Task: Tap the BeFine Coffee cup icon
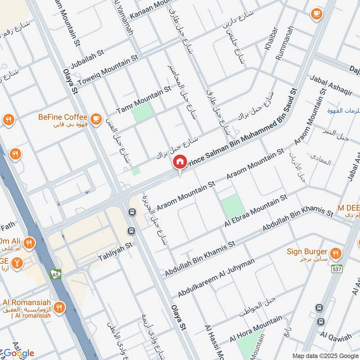[x=95, y=118]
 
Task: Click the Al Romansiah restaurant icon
[x=58, y=308]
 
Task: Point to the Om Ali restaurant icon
[x=30, y=243]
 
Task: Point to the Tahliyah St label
[x=116, y=258]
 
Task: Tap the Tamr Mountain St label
[x=144, y=99]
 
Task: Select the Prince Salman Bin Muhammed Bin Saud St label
[x=242, y=128]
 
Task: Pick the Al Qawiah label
[x=336, y=337]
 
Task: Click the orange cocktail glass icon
[x=16, y=262]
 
